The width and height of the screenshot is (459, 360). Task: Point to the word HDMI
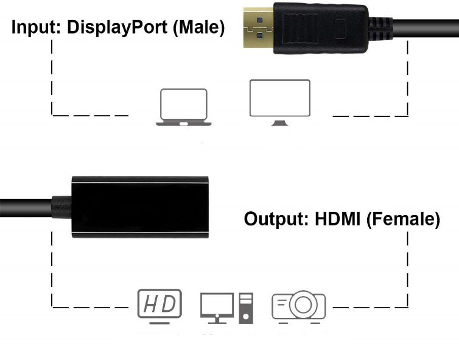tap(338, 219)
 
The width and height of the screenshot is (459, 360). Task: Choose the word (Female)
tap(403, 219)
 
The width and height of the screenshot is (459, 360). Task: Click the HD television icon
tap(159, 305)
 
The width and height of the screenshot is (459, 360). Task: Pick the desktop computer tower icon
tap(246, 307)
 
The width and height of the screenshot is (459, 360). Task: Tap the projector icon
tap(298, 306)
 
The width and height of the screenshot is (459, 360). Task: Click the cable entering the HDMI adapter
tap(24, 206)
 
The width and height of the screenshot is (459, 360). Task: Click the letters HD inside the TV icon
tap(159, 303)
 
